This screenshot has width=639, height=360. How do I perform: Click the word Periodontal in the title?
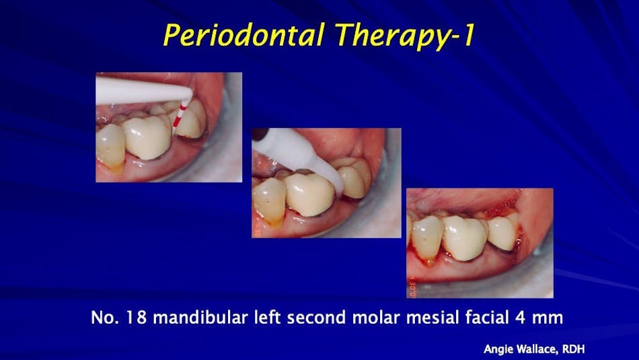pos(236,36)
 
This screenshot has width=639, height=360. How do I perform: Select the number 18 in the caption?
pos(132,318)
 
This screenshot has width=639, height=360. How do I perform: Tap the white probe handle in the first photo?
pos(135,88)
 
